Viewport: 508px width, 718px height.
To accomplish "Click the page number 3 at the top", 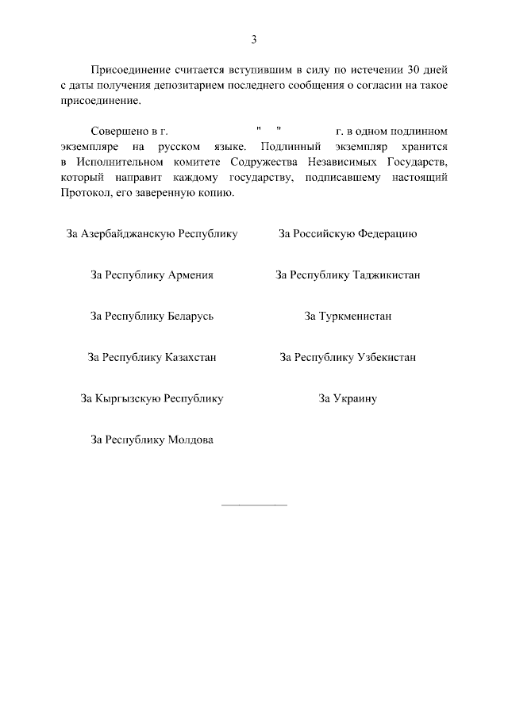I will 254,39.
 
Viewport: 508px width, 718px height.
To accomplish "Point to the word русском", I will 175,147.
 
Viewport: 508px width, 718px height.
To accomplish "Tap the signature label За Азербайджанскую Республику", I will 152,234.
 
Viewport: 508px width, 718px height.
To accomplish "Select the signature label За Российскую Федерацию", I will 348,234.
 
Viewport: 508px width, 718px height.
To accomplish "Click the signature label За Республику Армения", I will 152,275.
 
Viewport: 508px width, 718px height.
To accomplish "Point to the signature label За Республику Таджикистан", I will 348,275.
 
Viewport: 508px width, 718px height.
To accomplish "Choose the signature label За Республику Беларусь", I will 152,317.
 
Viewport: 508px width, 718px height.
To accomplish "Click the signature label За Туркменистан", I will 348,317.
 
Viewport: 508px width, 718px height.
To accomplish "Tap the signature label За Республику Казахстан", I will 152,358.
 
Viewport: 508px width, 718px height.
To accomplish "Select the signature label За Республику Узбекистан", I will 348,358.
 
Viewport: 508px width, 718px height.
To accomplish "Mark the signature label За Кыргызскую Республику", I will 152,399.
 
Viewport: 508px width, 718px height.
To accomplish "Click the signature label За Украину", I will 348,399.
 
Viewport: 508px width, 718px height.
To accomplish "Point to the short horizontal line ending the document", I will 253,505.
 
